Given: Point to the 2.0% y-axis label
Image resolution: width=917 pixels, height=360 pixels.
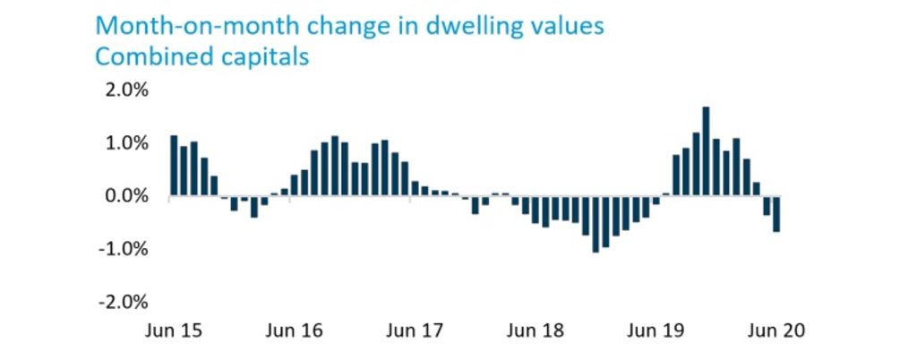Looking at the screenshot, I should point(126,90).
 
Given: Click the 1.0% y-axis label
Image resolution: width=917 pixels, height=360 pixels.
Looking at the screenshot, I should point(126,143).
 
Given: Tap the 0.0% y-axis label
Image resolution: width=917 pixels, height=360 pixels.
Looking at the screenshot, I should point(126,196).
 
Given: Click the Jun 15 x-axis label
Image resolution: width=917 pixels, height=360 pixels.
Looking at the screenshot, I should point(174,330).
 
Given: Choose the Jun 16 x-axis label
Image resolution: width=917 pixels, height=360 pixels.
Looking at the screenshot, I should point(295,330).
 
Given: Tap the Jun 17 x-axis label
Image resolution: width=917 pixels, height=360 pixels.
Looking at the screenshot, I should point(415,330).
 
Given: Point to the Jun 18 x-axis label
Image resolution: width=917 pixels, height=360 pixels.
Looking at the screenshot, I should point(536,330).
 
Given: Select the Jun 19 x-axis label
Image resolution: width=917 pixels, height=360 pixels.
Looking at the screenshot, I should point(656,330).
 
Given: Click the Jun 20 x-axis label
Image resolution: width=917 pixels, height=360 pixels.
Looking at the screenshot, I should point(776,330).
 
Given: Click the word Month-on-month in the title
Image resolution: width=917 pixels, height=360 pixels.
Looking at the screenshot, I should point(184,24).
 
